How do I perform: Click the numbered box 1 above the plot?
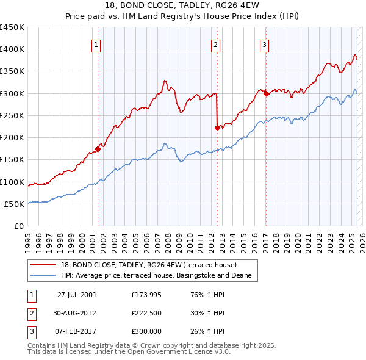click(97, 44)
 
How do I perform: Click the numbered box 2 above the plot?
click(216, 44)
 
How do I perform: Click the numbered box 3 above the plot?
click(264, 44)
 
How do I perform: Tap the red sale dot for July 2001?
click(98, 149)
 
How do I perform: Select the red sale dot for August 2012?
click(217, 128)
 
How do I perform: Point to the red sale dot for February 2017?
click(266, 93)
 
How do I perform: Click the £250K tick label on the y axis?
click(12, 115)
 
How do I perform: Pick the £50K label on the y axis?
click(15, 204)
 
